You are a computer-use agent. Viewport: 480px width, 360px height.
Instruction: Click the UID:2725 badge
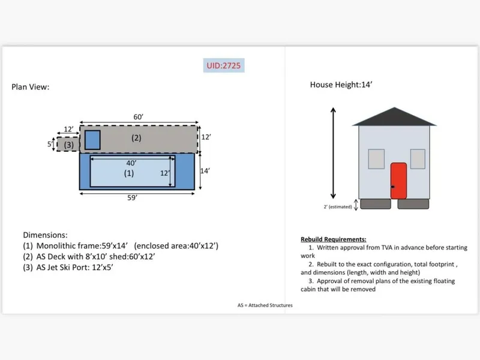(x=223, y=65)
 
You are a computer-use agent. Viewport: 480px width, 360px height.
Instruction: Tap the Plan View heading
(x=30, y=87)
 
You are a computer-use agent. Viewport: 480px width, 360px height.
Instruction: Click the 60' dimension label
(x=138, y=117)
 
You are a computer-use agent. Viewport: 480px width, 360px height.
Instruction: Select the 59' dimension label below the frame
(x=137, y=197)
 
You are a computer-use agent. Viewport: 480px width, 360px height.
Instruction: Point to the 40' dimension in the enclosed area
(x=131, y=163)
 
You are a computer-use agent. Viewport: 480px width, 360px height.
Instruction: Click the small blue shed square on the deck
(x=92, y=139)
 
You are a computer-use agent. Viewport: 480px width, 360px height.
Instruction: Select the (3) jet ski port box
(x=68, y=145)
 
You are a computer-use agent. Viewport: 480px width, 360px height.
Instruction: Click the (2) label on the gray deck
(x=136, y=138)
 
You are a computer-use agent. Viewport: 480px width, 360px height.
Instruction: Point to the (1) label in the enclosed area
(x=128, y=173)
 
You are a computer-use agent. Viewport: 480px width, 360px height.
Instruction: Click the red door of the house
(x=398, y=181)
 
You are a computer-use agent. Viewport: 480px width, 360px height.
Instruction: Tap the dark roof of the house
(x=394, y=117)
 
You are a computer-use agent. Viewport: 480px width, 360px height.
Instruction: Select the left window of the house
(x=376, y=158)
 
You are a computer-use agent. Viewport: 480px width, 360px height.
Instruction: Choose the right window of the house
(x=418, y=158)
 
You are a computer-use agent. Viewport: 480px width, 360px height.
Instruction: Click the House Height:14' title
(x=341, y=85)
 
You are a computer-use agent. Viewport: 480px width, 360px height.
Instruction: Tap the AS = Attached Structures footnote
(x=265, y=305)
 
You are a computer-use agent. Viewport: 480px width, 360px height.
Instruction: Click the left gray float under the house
(x=374, y=204)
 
